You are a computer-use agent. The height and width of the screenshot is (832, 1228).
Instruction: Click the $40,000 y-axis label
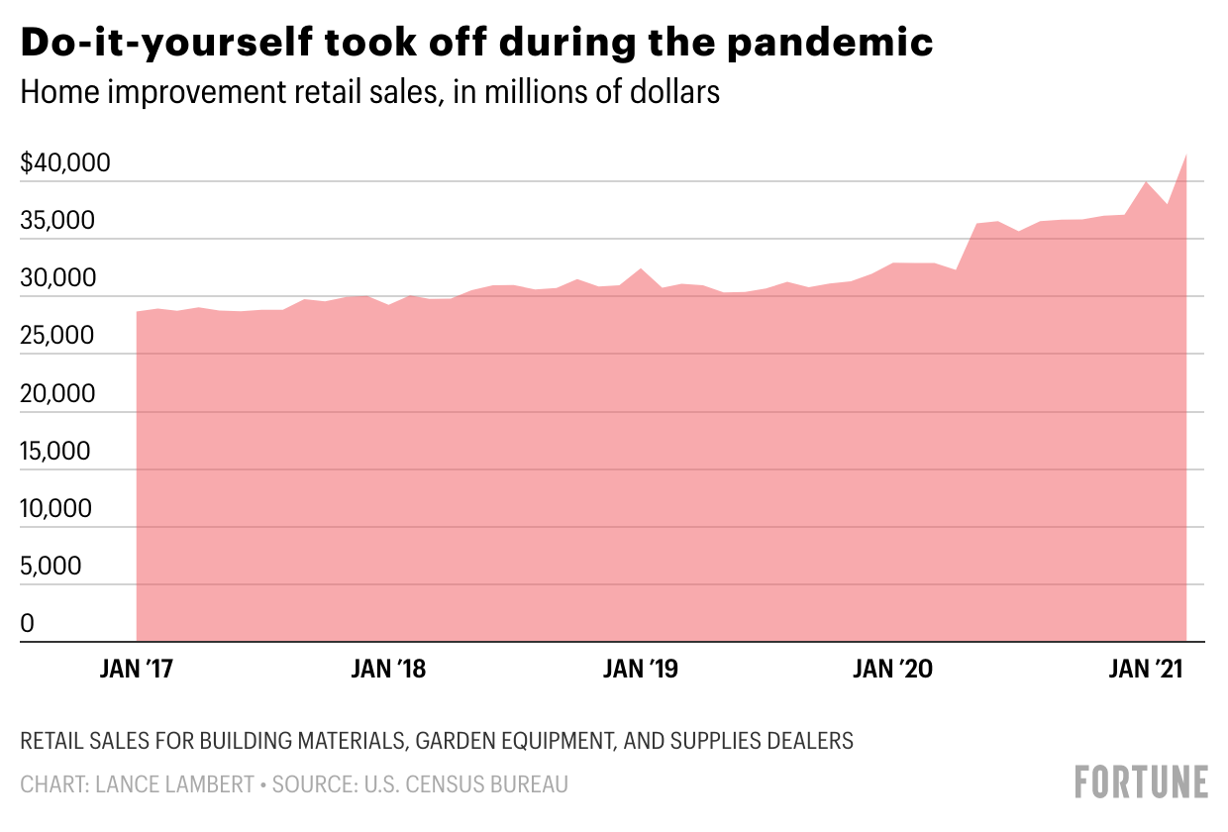coord(65,163)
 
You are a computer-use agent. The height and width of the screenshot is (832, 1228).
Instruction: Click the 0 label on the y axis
coord(28,625)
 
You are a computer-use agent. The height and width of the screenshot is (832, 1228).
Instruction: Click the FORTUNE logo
coord(1142,781)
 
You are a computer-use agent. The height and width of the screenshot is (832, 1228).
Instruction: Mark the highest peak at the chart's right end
coord(1185,155)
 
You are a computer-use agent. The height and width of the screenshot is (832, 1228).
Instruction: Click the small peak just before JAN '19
coord(641,268)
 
